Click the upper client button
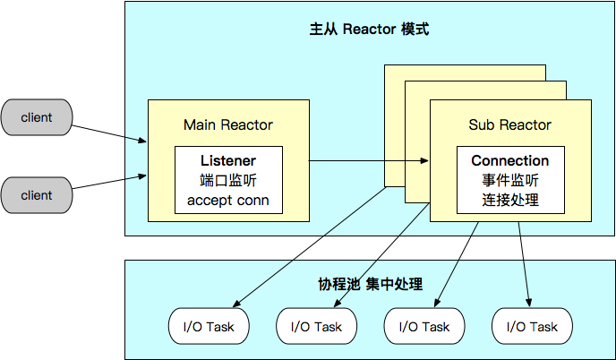pos(37,117)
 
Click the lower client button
pos(37,195)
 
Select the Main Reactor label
pos(227,124)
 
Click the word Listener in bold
pos(227,160)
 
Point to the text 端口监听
pos(227,180)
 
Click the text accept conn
pos(227,200)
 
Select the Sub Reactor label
pos(510,124)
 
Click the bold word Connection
pos(510,160)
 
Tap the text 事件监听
pos(510,180)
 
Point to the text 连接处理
pos(510,200)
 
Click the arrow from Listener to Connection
pos(367,161)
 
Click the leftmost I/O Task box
pos(209,327)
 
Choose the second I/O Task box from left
pos(316,327)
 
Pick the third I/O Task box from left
pos(423,327)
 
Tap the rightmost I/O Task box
pos(532,327)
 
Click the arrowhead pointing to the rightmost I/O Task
pos(530,303)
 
